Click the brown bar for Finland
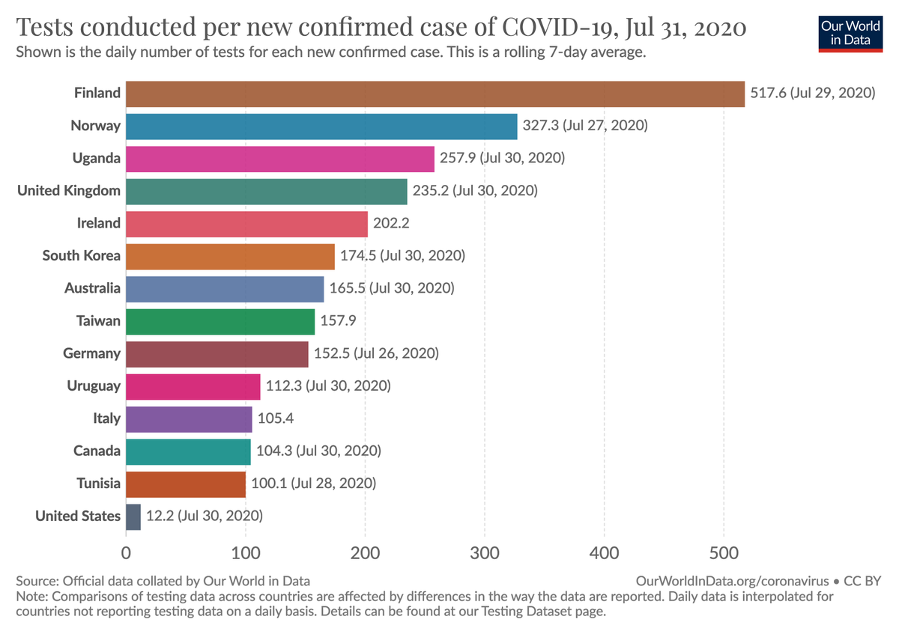[x=435, y=94]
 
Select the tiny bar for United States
[x=133, y=516]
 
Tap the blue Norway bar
[x=321, y=126]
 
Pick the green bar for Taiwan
[x=220, y=321]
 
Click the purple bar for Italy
[x=189, y=418]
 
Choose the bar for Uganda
[x=279, y=159]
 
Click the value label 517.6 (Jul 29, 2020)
[x=812, y=94]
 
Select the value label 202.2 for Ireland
[x=391, y=223]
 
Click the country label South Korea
[x=81, y=256]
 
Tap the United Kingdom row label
[x=69, y=191]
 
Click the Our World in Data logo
[x=850, y=31]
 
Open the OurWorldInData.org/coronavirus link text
[x=732, y=581]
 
